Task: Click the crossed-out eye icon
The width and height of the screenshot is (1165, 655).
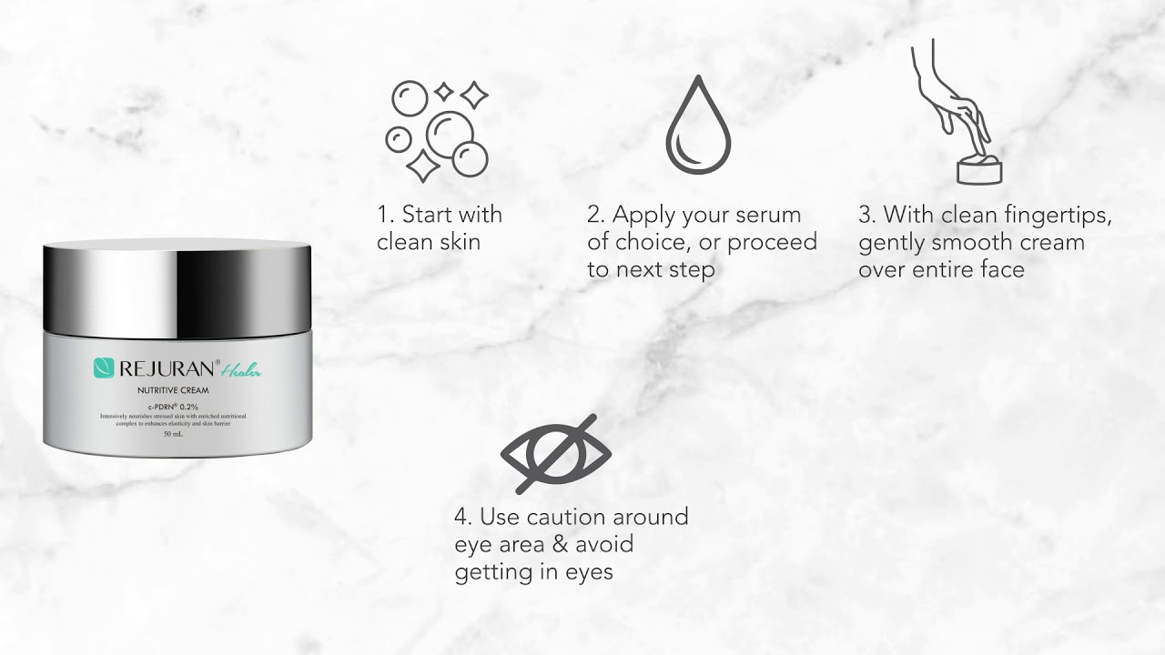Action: (x=555, y=454)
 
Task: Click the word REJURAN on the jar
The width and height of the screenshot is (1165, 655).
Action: (x=169, y=368)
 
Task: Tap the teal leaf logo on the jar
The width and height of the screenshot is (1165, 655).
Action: (x=104, y=368)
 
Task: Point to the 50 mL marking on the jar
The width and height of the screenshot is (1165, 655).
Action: (x=174, y=434)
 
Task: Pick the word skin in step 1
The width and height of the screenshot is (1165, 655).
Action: (x=457, y=243)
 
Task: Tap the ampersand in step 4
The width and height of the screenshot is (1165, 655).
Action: (x=557, y=545)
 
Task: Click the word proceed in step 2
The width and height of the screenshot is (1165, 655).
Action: (x=772, y=243)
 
